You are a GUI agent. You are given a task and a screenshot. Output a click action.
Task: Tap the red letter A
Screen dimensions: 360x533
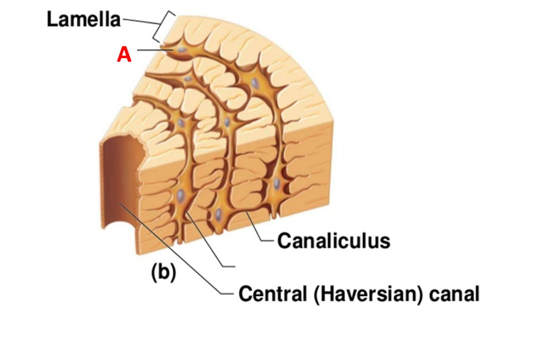click(x=124, y=54)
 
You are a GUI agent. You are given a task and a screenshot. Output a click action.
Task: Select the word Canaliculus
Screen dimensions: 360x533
click(x=334, y=240)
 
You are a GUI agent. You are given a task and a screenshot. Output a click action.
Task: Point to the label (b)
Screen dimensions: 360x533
click(x=163, y=273)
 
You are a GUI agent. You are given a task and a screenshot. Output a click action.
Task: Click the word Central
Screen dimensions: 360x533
click(x=271, y=294)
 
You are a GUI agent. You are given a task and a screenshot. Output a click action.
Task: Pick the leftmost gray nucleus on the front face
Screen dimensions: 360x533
click(x=181, y=196)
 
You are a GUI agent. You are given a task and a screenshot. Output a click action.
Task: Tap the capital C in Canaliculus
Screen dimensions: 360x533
click(x=284, y=240)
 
